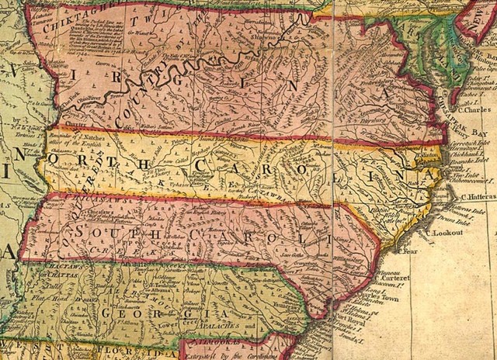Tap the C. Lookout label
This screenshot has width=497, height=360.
pyautogui.click(x=441, y=232)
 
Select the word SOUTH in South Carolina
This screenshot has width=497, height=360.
pyautogui.click(x=109, y=233)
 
